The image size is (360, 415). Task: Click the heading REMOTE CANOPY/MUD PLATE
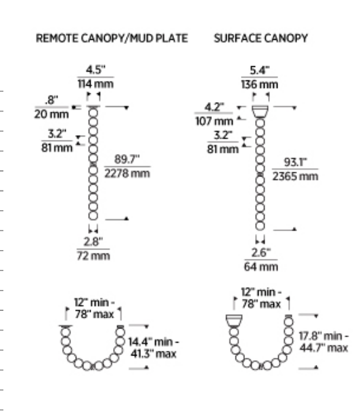(x=112, y=39)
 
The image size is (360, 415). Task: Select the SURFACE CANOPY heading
(x=261, y=39)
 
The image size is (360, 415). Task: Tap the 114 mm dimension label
(x=95, y=84)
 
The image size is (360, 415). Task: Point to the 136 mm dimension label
(x=260, y=84)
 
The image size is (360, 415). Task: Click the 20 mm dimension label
(x=51, y=114)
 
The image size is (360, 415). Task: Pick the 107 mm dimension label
(x=214, y=121)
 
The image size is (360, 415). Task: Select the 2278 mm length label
(x=127, y=174)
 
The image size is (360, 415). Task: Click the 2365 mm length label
(x=295, y=176)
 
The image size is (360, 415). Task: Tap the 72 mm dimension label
(x=93, y=256)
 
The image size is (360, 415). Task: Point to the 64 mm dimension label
(x=261, y=267)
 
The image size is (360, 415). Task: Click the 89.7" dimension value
(x=127, y=160)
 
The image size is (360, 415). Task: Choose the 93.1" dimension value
(x=295, y=162)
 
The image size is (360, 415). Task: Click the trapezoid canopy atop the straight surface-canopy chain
(x=260, y=112)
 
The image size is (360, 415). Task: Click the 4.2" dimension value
(x=215, y=107)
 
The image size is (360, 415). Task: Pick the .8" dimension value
(x=51, y=100)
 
